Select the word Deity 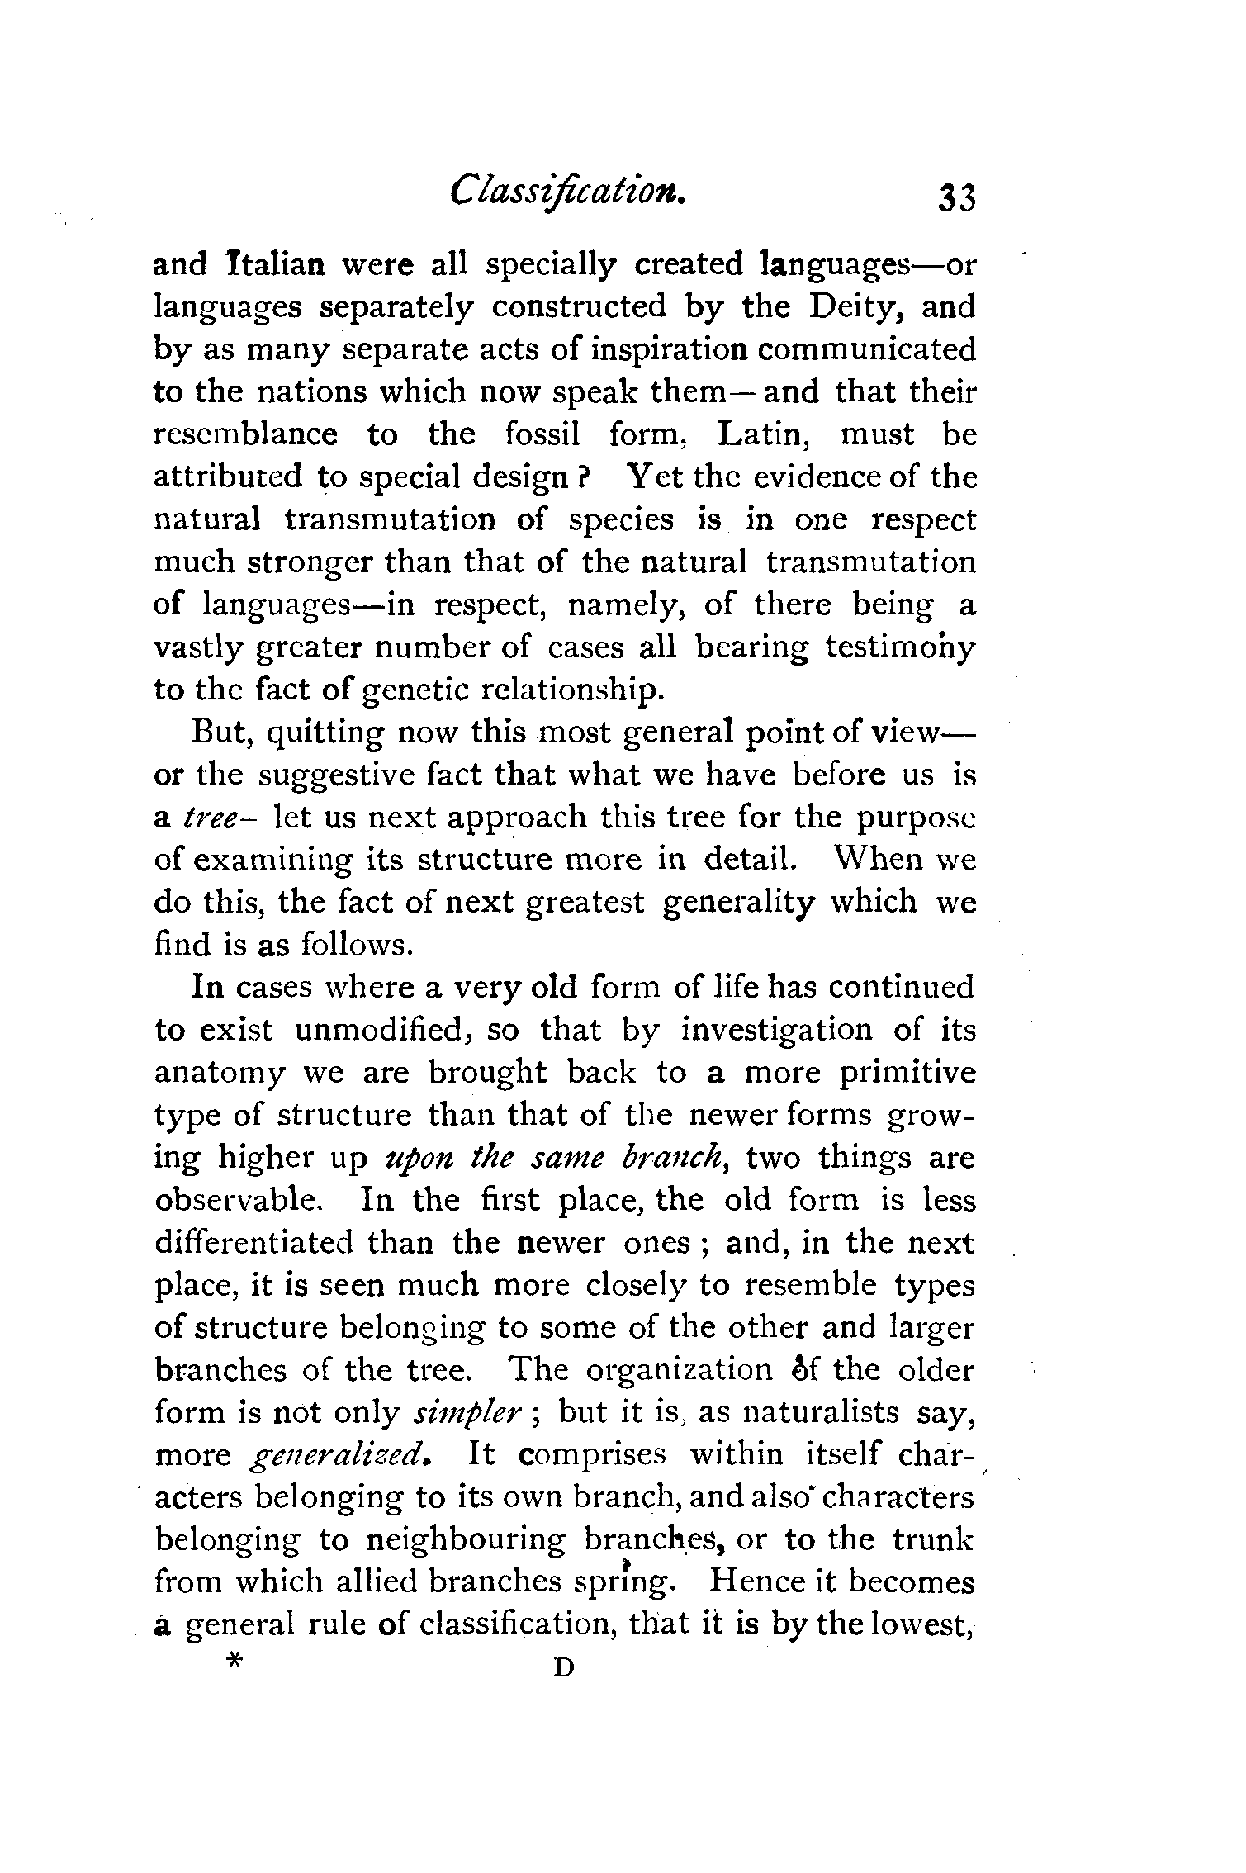click(x=855, y=307)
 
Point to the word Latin click(x=767, y=434)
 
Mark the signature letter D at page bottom click(x=563, y=1667)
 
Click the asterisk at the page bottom click(x=235, y=1662)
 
